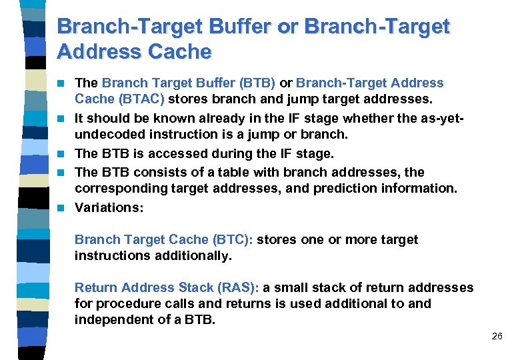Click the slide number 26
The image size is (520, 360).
[x=497, y=337]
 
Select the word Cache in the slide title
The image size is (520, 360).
[x=178, y=51]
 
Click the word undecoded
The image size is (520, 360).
[x=108, y=135]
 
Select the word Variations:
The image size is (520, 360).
[x=109, y=207]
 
